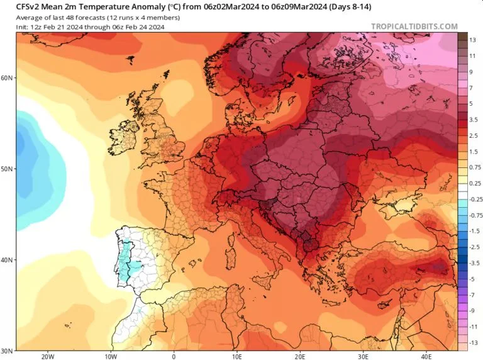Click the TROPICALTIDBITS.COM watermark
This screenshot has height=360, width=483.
[x=414, y=26]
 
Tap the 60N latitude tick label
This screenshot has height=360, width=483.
[x=7, y=77]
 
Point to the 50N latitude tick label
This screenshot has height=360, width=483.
[x=7, y=169]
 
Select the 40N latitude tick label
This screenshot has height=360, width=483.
[x=7, y=259]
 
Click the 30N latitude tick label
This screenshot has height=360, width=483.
[x=7, y=351]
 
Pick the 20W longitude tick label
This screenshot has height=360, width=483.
[x=47, y=357]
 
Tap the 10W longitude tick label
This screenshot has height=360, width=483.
[x=111, y=357]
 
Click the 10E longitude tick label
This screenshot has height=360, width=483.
[x=236, y=357]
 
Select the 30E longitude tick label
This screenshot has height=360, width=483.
[x=363, y=357]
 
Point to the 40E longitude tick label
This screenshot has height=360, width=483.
[x=426, y=357]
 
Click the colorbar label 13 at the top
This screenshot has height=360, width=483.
[x=472, y=40]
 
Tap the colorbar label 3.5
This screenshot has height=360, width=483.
[x=474, y=120]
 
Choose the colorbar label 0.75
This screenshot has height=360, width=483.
[x=475, y=167]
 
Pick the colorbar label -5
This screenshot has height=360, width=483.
[x=472, y=279]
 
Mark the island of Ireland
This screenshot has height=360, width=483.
[x=123, y=138]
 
